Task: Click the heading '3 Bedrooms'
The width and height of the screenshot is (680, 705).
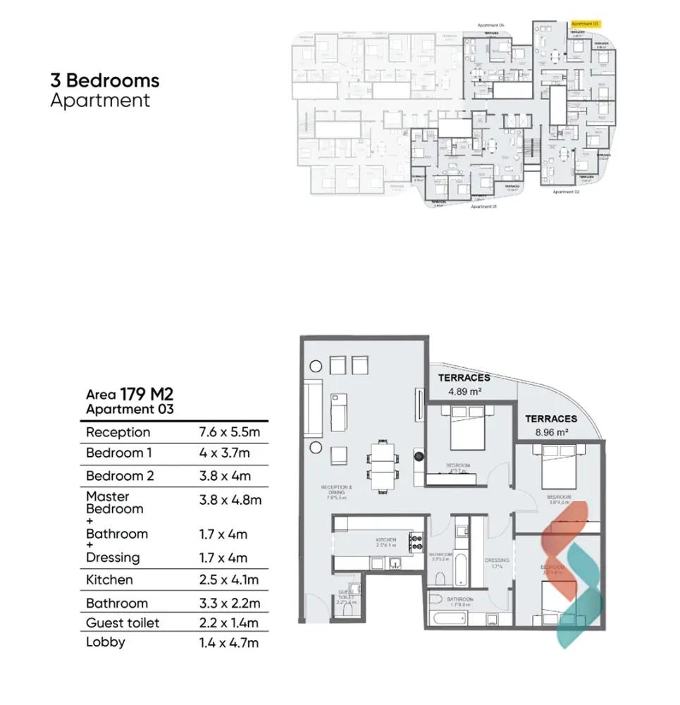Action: point(105,80)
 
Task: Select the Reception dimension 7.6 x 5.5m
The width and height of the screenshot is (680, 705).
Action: point(230,432)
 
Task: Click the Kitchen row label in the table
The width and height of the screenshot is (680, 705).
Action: point(109,580)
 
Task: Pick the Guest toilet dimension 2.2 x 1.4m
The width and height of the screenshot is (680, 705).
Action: point(229,623)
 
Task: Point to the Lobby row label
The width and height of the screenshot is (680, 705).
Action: point(106,642)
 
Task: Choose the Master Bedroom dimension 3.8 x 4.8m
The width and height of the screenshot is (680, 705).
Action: point(230,500)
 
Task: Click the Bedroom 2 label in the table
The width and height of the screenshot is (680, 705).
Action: point(120,476)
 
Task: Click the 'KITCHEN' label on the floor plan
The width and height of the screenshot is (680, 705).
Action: point(385,541)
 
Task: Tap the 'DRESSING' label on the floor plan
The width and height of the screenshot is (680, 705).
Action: point(496,561)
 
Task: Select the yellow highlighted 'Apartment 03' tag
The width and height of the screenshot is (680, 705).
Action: point(585,23)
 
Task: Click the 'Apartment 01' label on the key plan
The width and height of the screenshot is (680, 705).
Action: point(483,207)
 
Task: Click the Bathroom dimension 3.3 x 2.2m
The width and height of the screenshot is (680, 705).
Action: point(230,603)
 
